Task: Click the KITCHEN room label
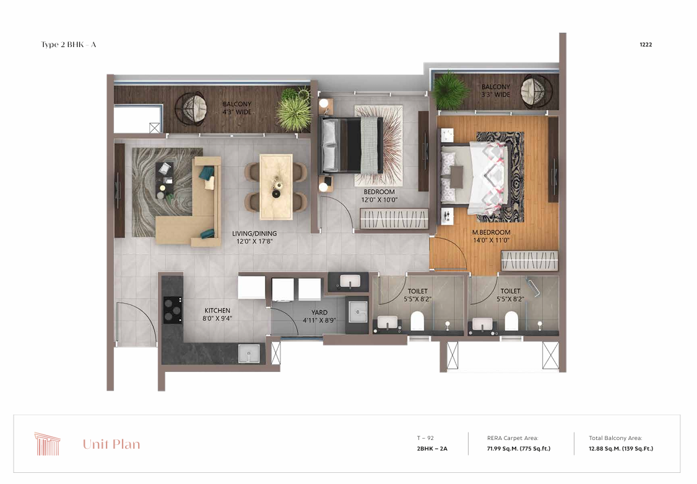(217, 310)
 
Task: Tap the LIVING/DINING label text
(254, 234)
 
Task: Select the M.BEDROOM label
(491, 232)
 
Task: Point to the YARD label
(319, 312)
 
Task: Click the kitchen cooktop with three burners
(173, 309)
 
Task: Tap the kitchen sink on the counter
(249, 354)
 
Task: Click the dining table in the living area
(276, 187)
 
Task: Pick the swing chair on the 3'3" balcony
(536, 91)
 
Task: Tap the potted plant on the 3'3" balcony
(450, 90)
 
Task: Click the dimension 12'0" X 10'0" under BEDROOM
(379, 200)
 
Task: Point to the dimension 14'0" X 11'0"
(491, 240)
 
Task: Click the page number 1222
(646, 45)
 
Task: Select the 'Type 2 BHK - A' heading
(69, 45)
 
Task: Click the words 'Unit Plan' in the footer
(111, 444)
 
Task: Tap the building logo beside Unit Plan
(47, 444)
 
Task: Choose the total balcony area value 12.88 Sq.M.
(602, 449)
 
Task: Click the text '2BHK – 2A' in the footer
(432, 449)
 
